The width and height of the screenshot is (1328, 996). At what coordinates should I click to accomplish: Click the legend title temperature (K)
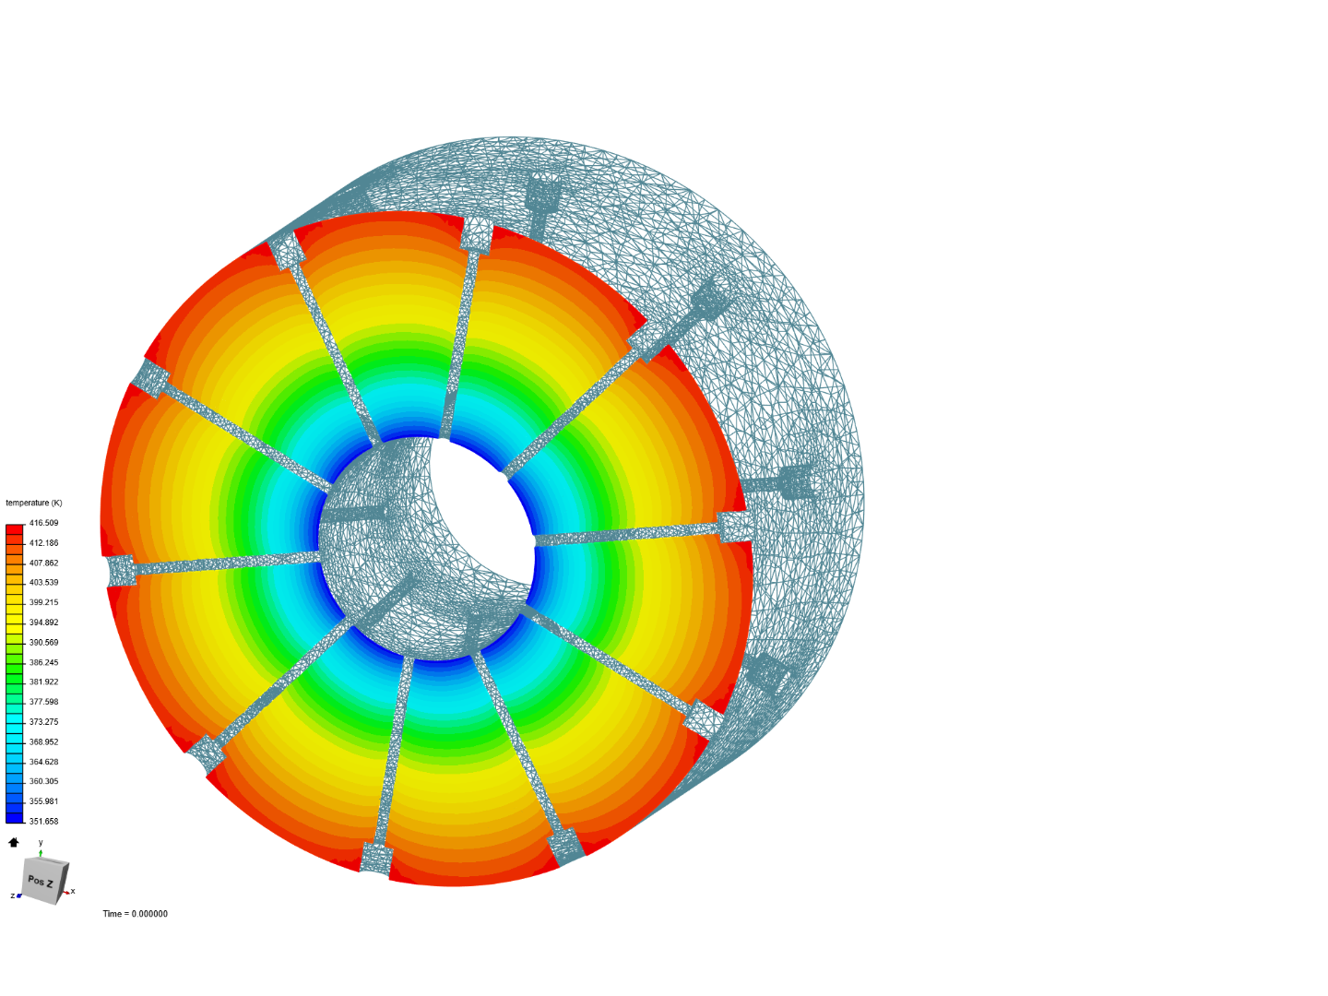(34, 503)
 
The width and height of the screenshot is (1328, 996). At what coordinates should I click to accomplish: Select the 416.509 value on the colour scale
(43, 523)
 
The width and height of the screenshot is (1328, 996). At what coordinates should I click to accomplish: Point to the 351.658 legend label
(43, 821)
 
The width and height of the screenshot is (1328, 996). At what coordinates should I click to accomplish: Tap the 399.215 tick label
(43, 602)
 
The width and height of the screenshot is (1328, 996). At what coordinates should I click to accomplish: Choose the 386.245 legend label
(43, 662)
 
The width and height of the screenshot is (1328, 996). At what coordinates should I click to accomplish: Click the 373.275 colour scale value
(43, 721)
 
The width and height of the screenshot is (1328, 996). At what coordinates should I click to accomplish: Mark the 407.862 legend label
(43, 563)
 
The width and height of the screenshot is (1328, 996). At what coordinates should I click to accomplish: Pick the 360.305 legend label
(43, 781)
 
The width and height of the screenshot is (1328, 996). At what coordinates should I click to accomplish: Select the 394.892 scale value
(43, 622)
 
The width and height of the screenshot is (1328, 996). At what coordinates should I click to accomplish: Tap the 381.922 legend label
(43, 682)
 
